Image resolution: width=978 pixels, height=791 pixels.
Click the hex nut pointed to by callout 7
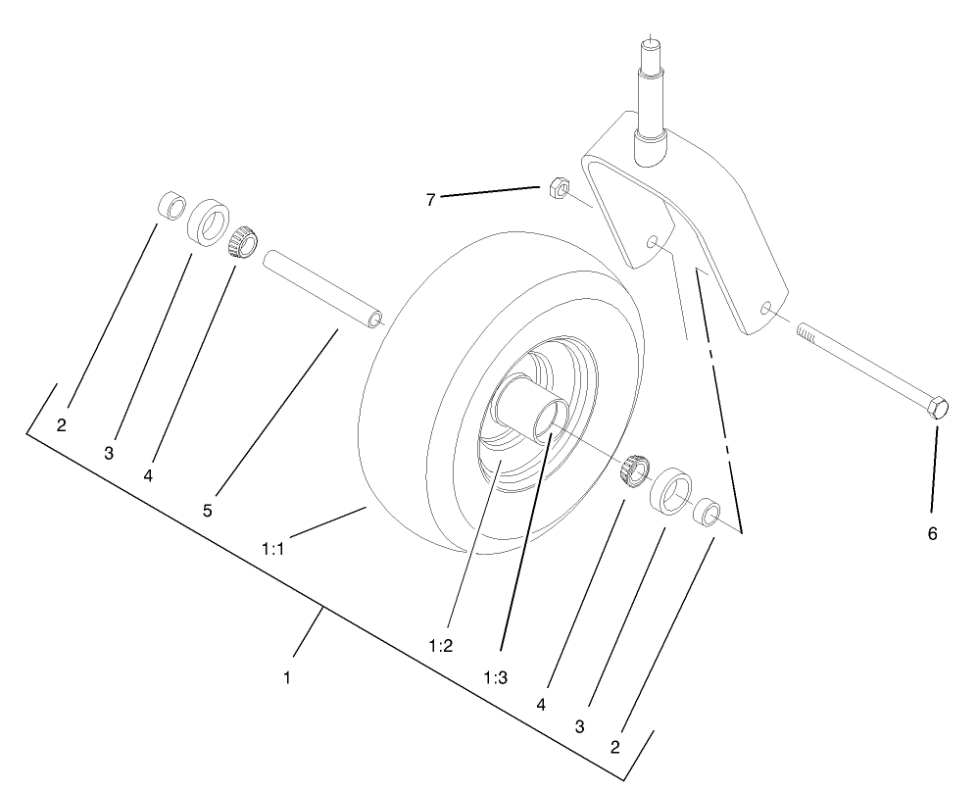tap(556, 186)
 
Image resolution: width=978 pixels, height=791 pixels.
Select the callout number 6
tap(932, 534)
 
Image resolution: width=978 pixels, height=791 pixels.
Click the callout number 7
tap(430, 199)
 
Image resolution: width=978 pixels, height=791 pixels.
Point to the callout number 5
tap(208, 510)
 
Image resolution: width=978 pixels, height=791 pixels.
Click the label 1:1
tap(272, 550)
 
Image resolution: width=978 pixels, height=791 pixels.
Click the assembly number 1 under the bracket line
tap(287, 676)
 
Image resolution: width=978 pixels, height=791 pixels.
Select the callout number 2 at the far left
tap(61, 425)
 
